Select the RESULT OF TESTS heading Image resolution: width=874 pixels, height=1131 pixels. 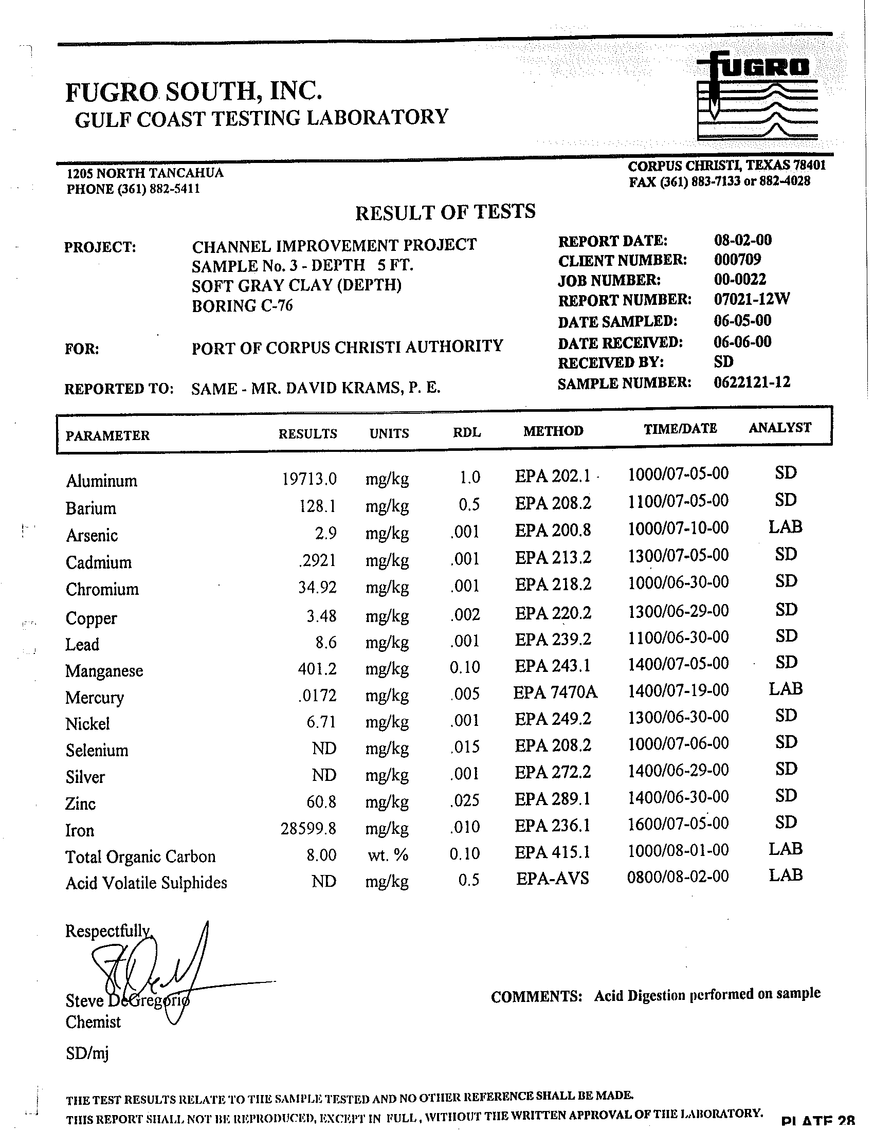click(x=445, y=212)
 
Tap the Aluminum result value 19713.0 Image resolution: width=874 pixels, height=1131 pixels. click(x=309, y=479)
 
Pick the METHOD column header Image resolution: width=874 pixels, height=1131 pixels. click(x=553, y=431)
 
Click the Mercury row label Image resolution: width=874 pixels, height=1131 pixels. click(x=95, y=698)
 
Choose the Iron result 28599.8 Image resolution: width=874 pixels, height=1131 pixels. click(x=308, y=829)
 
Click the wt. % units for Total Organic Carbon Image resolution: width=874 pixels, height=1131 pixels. click(x=388, y=855)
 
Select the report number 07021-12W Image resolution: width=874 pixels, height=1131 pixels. click(x=751, y=299)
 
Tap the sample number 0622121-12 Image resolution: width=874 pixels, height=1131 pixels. click(x=751, y=382)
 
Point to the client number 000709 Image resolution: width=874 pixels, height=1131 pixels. click(x=737, y=260)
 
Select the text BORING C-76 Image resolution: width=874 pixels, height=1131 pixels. click(x=242, y=306)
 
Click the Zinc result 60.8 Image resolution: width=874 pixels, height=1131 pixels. click(x=321, y=802)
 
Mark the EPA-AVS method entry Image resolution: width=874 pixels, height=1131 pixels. click(x=553, y=878)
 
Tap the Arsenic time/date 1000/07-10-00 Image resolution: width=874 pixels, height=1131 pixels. click(x=678, y=528)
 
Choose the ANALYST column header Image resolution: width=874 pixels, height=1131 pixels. click(x=780, y=428)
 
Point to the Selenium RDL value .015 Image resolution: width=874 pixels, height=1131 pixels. click(x=465, y=747)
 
